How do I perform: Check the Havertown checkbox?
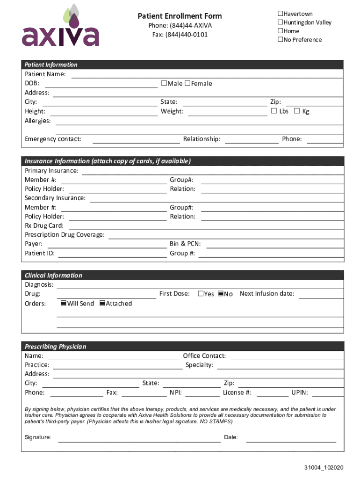click(281, 14)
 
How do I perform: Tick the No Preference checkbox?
click(281, 40)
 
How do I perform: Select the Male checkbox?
click(164, 83)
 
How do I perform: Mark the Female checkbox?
click(187, 83)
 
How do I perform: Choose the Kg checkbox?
click(297, 111)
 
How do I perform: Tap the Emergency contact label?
click(53, 139)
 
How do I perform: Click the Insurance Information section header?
click(108, 161)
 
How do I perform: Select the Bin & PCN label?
click(185, 244)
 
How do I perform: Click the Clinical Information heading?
click(53, 276)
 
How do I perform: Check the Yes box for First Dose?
click(201, 294)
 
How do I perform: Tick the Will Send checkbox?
click(64, 304)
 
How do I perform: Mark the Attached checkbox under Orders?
click(102, 304)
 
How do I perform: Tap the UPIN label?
click(299, 392)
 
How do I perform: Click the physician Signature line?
click(139, 438)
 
